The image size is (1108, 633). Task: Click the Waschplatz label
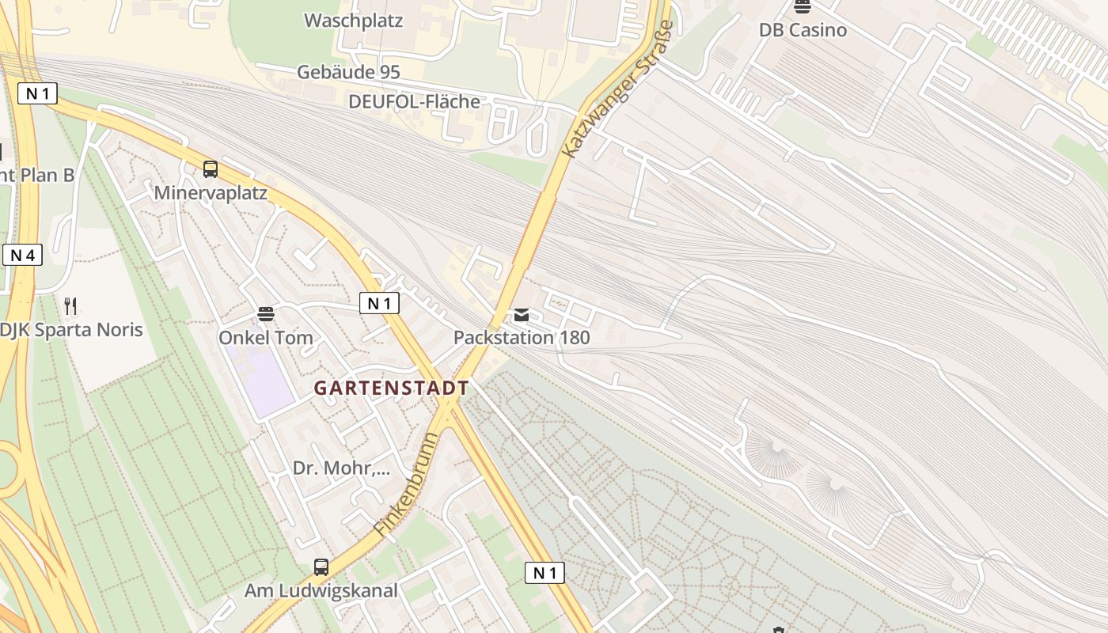tap(353, 21)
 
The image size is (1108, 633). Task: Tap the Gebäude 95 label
tap(348, 72)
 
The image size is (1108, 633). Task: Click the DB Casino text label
tap(803, 30)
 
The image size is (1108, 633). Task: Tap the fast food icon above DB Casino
tap(803, 7)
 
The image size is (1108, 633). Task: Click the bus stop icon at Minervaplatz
tap(210, 169)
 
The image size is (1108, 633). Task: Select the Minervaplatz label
tap(211, 192)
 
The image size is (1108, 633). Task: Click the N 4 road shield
tap(22, 256)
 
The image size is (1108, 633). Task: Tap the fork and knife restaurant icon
tap(70, 305)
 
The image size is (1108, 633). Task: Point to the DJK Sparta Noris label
tap(71, 329)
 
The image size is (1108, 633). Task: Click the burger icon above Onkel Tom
tap(266, 314)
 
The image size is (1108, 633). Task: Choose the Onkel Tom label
tap(266, 338)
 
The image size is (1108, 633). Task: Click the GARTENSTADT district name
tap(391, 389)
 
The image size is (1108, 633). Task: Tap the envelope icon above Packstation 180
tap(521, 315)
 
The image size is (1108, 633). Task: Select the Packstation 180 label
tap(521, 338)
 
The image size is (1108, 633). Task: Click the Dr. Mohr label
tap(341, 468)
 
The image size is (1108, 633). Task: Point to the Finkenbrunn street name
tap(406, 484)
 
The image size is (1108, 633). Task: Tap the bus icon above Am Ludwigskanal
tap(321, 567)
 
